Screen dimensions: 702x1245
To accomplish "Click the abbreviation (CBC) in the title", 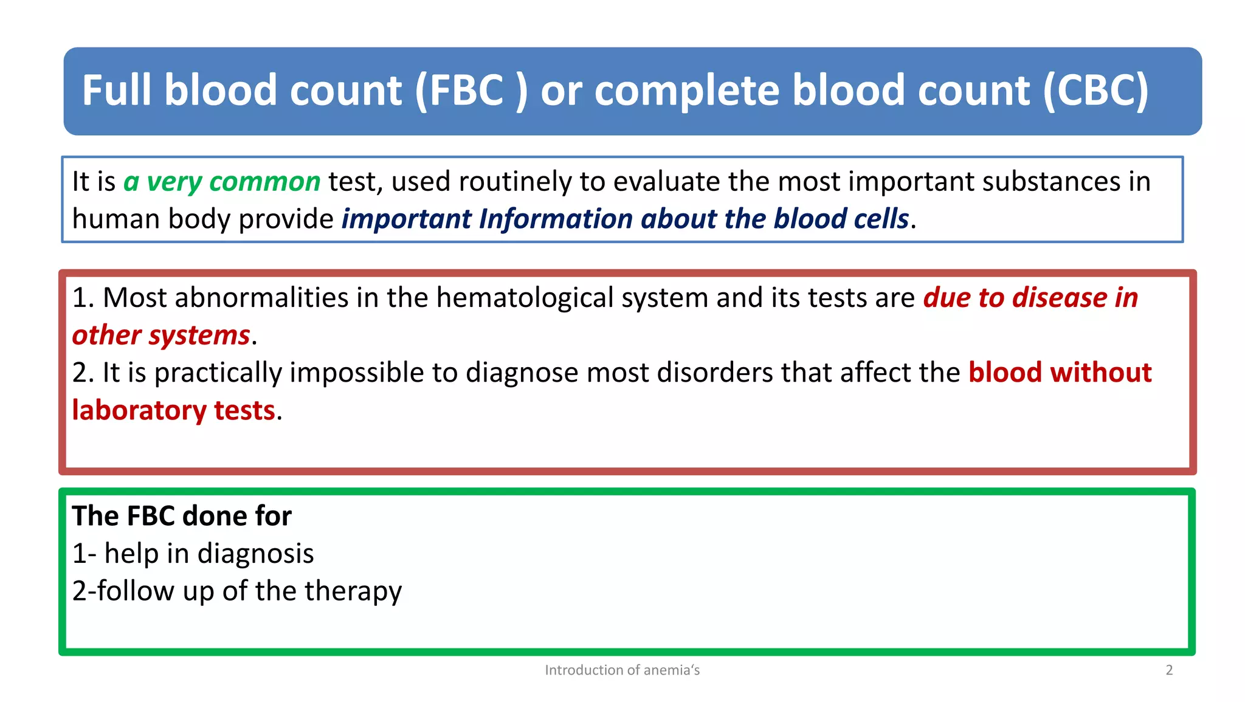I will pyautogui.click(x=1095, y=91).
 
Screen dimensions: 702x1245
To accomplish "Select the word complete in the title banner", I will pyautogui.click(x=686, y=91).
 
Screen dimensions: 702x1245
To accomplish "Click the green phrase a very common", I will pyautogui.click(x=222, y=182).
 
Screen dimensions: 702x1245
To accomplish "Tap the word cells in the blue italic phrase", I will pyautogui.click(x=881, y=219).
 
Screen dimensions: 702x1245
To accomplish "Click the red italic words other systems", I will pyautogui.click(x=161, y=336).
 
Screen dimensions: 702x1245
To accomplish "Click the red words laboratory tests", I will pyautogui.click(x=174, y=410).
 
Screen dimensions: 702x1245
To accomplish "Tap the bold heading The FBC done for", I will pyautogui.click(x=182, y=516).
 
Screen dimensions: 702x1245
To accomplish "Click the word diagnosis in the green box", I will pyautogui.click(x=255, y=554).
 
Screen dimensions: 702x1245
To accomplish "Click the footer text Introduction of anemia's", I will pyautogui.click(x=622, y=670).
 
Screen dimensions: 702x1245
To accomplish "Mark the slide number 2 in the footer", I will pyautogui.click(x=1168, y=670).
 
